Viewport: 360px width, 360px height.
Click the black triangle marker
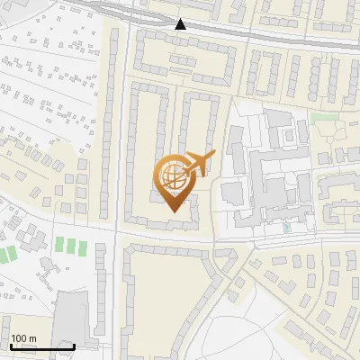[x=181, y=24]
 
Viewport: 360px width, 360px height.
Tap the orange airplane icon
[x=199, y=165]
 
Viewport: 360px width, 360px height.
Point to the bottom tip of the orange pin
[x=171, y=212]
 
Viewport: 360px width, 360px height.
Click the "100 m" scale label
[x=23, y=338]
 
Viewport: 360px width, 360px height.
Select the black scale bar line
[x=42, y=346]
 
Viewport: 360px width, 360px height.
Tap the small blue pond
[x=287, y=228]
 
